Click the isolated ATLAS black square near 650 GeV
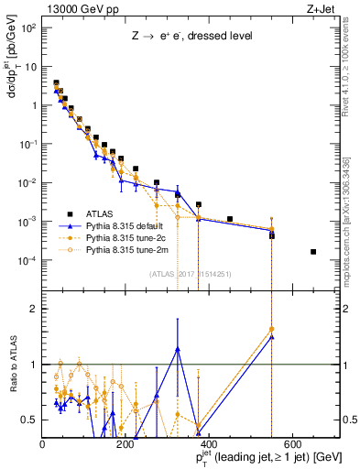(314, 251)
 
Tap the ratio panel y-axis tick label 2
(32, 309)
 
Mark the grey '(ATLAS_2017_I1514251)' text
(189, 273)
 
